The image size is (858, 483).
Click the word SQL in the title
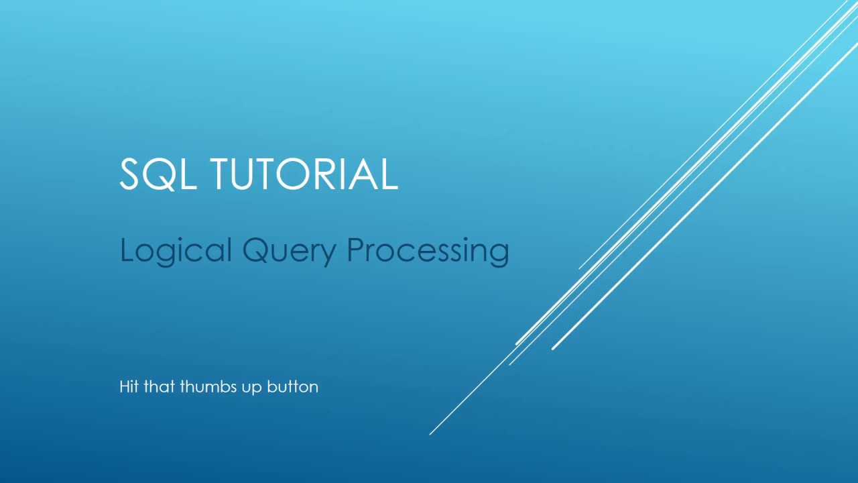click(158, 174)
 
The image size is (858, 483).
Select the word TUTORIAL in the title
click(304, 174)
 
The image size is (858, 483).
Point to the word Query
click(289, 251)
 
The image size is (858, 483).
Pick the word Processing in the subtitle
click(428, 251)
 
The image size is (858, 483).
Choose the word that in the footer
click(159, 386)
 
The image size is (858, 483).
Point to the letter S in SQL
click(132, 174)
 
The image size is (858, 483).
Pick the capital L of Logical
click(125, 250)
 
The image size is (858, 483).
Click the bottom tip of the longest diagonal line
click(430, 434)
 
